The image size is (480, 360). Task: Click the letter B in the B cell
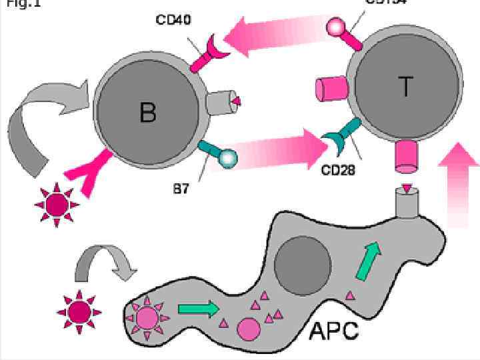[148, 112]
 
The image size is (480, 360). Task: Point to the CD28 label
[338, 171]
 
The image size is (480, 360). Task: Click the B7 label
[181, 189]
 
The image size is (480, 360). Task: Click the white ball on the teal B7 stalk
[228, 159]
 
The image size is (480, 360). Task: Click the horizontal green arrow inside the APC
[199, 309]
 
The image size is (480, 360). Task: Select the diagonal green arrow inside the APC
[367, 260]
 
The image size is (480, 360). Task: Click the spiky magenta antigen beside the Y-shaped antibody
[56, 205]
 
